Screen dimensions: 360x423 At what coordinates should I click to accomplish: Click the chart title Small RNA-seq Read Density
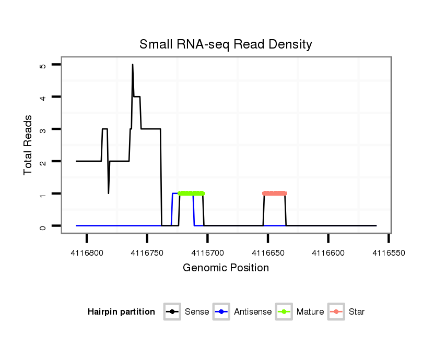(x=226, y=44)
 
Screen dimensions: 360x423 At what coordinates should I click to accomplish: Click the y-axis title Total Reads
(x=29, y=145)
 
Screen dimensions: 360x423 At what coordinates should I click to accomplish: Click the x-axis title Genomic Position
(x=226, y=268)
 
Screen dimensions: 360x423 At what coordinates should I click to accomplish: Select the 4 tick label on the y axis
(x=43, y=97)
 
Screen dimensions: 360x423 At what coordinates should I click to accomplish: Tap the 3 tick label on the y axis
(x=43, y=129)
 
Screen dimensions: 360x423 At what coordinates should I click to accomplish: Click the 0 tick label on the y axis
(x=43, y=226)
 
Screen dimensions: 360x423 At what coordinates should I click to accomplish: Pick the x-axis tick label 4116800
(x=87, y=252)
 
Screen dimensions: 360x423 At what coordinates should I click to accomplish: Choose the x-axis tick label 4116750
(x=147, y=252)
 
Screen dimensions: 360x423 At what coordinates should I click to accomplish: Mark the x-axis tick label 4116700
(x=208, y=252)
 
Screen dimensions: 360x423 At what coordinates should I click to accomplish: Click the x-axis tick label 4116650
(x=268, y=252)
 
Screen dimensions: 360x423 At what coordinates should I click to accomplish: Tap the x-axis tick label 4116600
(x=328, y=252)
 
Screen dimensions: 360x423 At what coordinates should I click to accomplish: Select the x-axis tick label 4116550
(x=389, y=252)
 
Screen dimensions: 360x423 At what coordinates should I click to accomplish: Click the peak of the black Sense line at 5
(x=133, y=65)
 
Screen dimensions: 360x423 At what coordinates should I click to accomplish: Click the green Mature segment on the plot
(x=191, y=194)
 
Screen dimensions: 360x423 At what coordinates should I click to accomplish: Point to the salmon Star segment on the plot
(x=275, y=194)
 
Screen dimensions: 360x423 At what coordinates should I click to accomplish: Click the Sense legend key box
(x=172, y=312)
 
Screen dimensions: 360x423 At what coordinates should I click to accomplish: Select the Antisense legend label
(x=253, y=312)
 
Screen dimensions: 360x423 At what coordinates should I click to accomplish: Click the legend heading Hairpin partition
(x=121, y=312)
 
